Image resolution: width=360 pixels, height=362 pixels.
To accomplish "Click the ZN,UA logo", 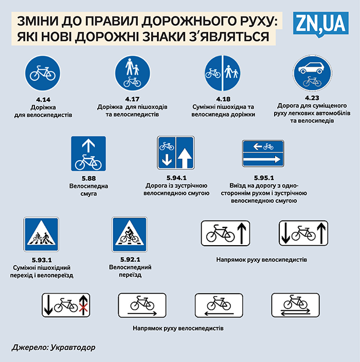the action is point(321,24).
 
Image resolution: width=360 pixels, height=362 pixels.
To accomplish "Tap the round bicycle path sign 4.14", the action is point(43,73).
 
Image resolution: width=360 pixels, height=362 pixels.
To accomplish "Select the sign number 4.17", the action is point(132,99).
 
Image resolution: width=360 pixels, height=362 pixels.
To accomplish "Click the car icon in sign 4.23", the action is point(311,68).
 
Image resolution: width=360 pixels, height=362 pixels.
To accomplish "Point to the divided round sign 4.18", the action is point(223,73).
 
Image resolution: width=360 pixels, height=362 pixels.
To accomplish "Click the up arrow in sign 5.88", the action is point(88,146).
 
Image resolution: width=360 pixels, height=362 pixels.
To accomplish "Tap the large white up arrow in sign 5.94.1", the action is point(185,158).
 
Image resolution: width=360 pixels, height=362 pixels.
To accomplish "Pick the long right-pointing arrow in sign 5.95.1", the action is point(262,159).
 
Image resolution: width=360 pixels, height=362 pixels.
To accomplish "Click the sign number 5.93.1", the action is point(42,260).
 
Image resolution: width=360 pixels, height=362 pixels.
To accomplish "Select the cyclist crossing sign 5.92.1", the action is point(130,234).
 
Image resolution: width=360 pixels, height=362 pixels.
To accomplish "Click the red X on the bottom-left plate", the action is point(83,309).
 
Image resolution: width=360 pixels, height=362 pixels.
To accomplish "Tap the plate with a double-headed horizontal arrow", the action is point(295,305).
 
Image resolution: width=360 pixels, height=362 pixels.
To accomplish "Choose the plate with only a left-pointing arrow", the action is point(219,305).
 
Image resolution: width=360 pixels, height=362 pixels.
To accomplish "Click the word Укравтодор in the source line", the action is point(73,348).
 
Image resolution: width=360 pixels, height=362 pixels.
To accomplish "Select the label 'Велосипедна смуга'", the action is point(88,190).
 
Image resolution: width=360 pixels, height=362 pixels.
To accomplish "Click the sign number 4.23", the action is point(312,98).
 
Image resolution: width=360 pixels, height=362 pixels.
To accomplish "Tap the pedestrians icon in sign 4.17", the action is point(133,67).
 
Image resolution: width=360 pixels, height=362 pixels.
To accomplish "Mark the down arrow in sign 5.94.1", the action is point(167,160).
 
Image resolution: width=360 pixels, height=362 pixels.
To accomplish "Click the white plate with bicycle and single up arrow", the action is point(225,233).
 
